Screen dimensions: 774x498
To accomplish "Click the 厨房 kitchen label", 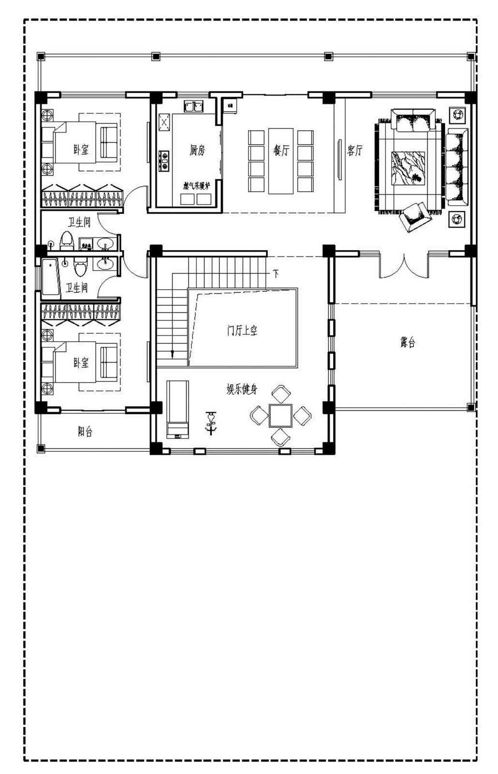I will [197, 150].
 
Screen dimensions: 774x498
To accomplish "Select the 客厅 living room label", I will [354, 150].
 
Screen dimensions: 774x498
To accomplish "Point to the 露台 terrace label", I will [408, 343].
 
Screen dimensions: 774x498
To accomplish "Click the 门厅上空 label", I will [242, 331].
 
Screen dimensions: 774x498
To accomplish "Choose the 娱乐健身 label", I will [242, 389].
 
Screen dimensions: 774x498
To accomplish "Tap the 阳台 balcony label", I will [85, 432].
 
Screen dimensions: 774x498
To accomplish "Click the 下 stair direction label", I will [276, 274].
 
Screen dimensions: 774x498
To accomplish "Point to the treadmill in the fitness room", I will [177, 409].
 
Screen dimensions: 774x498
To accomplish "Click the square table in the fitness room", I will [280, 415].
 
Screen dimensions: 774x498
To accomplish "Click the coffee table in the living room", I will [408, 168].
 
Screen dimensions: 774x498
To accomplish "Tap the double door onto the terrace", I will [404, 265].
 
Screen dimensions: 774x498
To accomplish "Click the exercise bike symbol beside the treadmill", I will [211, 422].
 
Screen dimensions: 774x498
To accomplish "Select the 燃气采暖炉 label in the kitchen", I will [197, 185].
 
